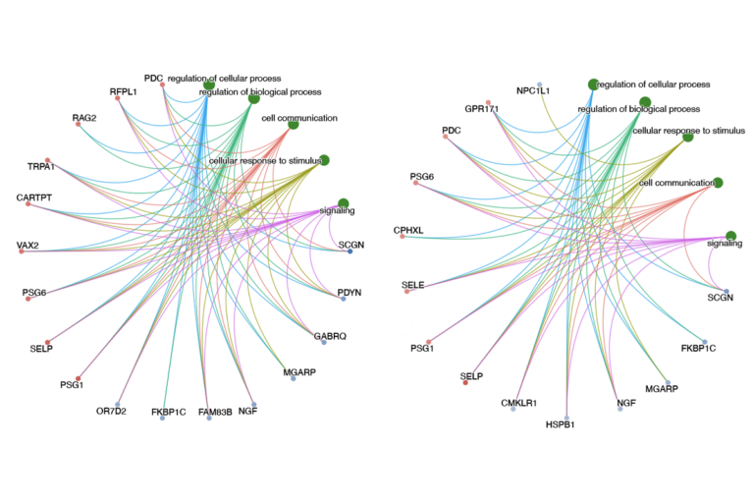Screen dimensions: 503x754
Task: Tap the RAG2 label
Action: (x=84, y=118)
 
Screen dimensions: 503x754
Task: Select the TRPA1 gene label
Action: (x=41, y=167)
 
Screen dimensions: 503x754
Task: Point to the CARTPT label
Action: (x=34, y=198)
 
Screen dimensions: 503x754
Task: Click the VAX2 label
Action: (x=27, y=244)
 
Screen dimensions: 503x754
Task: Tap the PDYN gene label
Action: (x=350, y=292)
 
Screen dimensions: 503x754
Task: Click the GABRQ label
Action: (x=330, y=336)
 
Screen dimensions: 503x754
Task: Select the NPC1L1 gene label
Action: (x=533, y=91)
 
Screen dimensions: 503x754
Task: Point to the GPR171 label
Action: (x=484, y=108)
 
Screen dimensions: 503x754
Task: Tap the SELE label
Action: (x=413, y=284)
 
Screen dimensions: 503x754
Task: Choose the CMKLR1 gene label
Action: (x=519, y=403)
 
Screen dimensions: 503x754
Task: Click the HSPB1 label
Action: (x=565, y=424)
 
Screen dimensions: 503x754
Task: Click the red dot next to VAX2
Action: (x=21, y=252)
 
